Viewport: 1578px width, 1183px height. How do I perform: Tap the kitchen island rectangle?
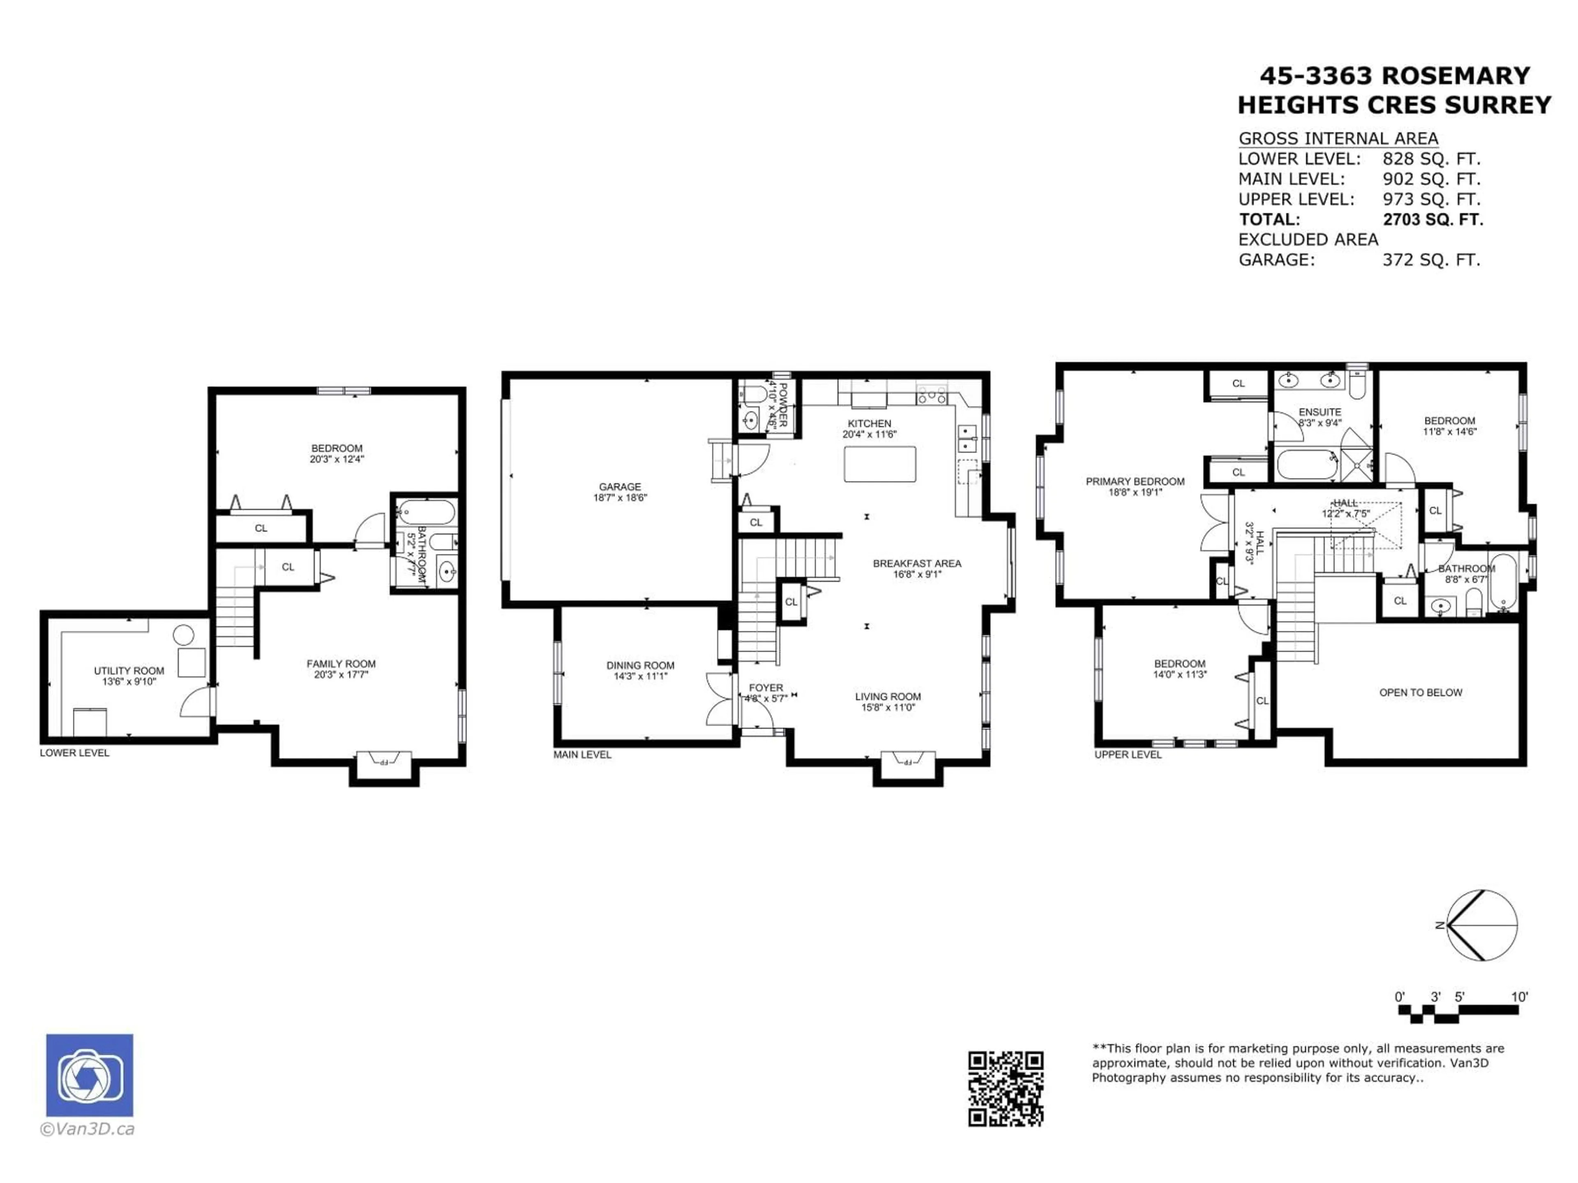(879, 464)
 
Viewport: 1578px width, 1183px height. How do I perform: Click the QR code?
(1005, 1089)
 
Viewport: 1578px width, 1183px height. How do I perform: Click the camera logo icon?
(89, 1075)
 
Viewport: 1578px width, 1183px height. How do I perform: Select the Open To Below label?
(1420, 693)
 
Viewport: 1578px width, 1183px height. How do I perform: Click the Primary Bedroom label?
(1135, 481)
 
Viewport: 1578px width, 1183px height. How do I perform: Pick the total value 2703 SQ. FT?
(1433, 220)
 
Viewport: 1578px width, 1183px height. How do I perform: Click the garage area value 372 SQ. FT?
(1431, 260)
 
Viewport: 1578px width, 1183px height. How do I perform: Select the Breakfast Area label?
(917, 563)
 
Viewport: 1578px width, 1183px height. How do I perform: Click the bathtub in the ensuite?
(1306, 464)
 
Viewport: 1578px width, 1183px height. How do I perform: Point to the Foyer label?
(766, 688)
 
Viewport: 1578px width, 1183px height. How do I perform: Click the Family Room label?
(341, 664)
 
